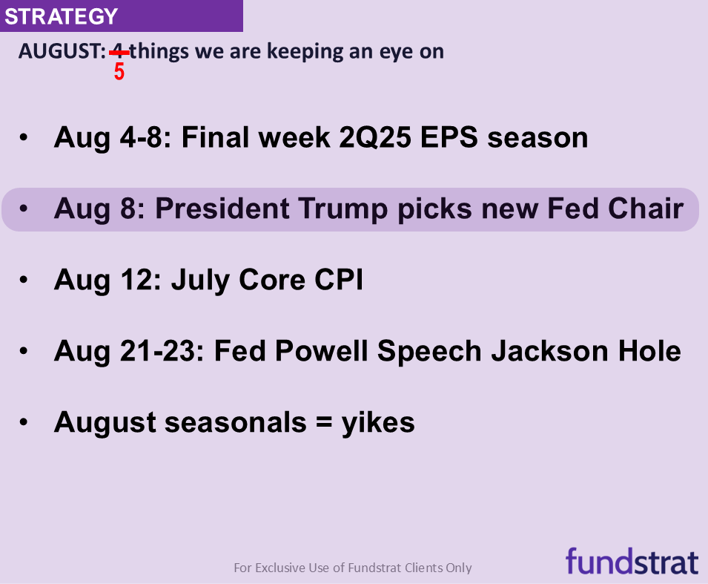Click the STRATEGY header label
point(61,16)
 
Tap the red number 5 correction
point(119,73)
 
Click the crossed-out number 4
point(118,52)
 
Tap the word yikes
point(377,422)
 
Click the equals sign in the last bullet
point(318,423)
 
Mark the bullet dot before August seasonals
point(24,423)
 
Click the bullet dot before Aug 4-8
point(24,138)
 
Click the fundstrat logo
point(632,560)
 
